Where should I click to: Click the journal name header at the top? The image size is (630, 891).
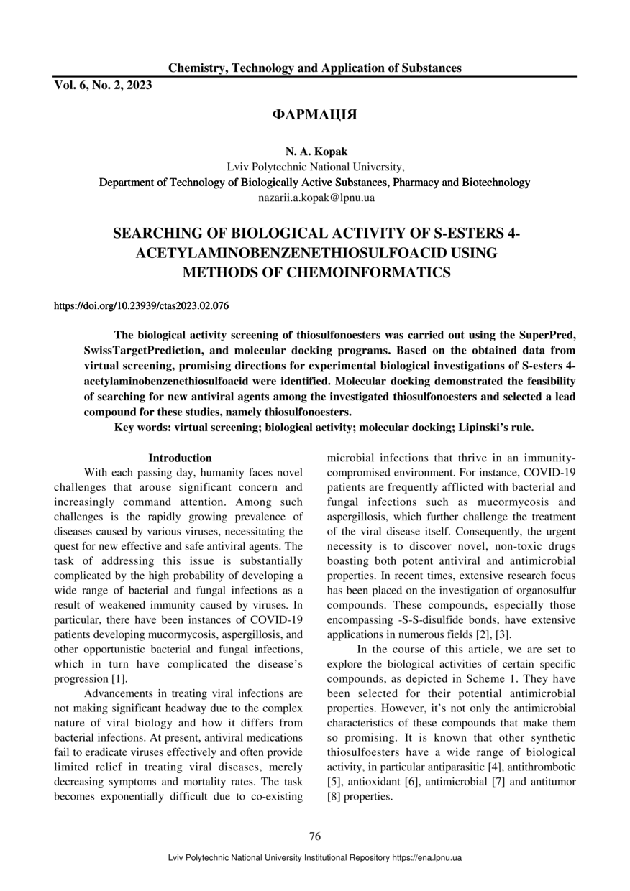pos(315,68)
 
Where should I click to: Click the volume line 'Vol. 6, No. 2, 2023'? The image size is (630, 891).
pos(103,86)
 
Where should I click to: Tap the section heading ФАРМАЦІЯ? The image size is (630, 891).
pos(314,115)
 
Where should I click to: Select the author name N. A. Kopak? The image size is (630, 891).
pos(314,152)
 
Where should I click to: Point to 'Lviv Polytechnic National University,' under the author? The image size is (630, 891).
pos(314,167)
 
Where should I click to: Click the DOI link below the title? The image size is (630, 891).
pos(142,306)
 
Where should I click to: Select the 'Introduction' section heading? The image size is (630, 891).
pos(180,458)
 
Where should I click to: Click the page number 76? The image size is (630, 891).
pos(314,836)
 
